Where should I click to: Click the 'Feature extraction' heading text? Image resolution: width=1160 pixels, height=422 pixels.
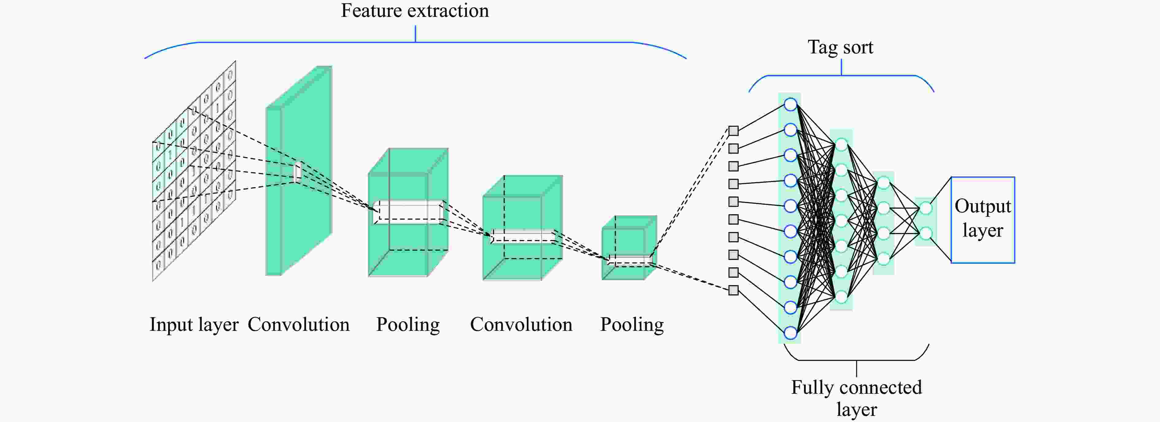(414, 11)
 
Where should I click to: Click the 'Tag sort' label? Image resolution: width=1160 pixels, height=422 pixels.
(840, 47)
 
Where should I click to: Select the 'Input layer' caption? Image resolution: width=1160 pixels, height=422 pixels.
(194, 324)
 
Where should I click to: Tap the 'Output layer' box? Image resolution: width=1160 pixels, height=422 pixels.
(983, 219)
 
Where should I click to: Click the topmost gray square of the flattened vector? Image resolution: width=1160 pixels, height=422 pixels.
(733, 131)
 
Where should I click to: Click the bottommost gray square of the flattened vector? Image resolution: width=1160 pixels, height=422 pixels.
(733, 290)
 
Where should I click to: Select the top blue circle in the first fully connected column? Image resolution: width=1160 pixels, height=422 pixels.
(790, 104)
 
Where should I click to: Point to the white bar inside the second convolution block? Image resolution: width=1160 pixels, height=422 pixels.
(522, 236)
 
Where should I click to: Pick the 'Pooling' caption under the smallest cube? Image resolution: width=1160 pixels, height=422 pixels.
(632, 324)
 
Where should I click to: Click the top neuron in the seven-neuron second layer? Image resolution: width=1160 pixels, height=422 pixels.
(841, 145)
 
